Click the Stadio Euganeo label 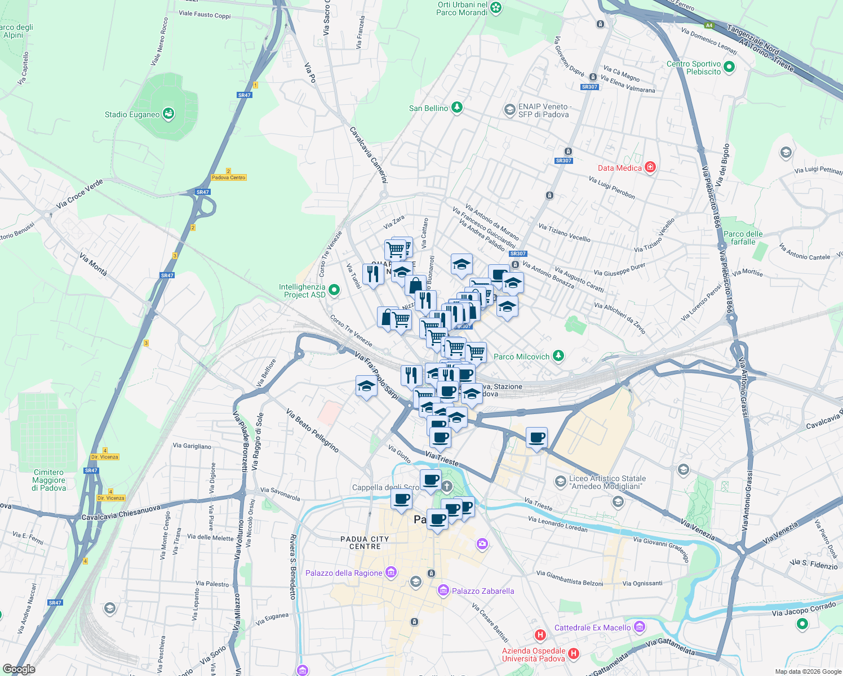(x=132, y=114)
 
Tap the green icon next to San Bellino (x=457, y=108)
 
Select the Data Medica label (x=619, y=168)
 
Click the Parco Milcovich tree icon (x=558, y=356)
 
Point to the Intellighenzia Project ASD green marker (x=334, y=290)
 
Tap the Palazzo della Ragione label (x=344, y=573)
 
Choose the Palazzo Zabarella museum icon (x=443, y=590)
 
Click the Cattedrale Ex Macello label (x=592, y=628)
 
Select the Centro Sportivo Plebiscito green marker (x=729, y=68)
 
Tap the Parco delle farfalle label (x=743, y=238)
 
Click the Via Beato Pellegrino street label (x=312, y=431)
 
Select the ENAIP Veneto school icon (x=509, y=109)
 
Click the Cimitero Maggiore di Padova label (x=49, y=480)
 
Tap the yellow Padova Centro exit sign (x=229, y=177)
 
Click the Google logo (x=19, y=669)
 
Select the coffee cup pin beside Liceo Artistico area (x=537, y=438)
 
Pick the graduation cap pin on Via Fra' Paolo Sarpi (x=366, y=387)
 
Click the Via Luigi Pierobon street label (x=611, y=188)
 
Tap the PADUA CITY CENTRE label (x=365, y=542)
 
